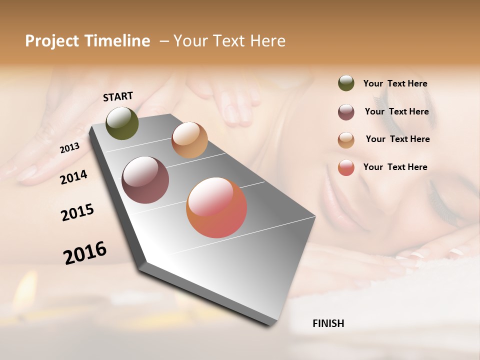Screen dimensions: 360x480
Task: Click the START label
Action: click(x=118, y=96)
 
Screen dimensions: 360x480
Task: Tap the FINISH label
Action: click(x=328, y=323)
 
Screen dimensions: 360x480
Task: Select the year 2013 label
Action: click(x=69, y=148)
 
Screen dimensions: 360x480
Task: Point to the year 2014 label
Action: click(x=73, y=177)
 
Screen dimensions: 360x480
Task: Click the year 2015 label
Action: click(x=77, y=212)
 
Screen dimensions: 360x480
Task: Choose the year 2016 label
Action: click(x=85, y=252)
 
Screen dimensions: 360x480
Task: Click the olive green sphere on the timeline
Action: click(x=122, y=123)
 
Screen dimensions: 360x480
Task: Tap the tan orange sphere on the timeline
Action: click(x=189, y=140)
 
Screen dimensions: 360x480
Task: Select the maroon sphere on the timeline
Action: click(x=145, y=180)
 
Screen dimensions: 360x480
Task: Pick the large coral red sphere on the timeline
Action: click(x=216, y=207)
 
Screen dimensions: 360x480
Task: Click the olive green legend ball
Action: click(x=346, y=83)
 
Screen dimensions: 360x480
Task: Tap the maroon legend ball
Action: click(x=346, y=112)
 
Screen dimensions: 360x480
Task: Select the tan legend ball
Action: click(x=346, y=140)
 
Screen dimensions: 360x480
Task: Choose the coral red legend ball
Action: click(x=346, y=167)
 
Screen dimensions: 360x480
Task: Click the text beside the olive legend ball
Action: click(x=395, y=83)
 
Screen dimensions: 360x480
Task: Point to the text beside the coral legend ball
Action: click(x=395, y=167)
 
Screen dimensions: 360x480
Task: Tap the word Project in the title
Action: click(x=51, y=41)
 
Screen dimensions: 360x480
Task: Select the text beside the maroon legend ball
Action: click(x=396, y=111)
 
